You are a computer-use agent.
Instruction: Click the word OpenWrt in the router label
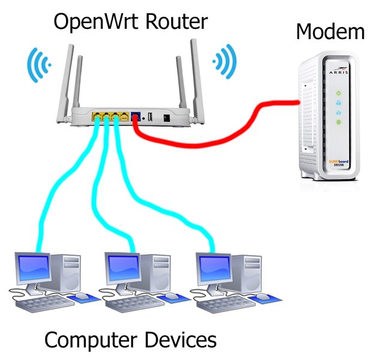click(91, 22)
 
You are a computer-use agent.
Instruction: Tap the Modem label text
click(330, 32)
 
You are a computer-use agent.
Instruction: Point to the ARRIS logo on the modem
click(338, 73)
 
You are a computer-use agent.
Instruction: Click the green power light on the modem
click(339, 93)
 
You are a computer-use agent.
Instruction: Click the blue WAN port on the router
click(136, 116)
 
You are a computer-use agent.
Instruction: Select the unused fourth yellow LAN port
click(124, 116)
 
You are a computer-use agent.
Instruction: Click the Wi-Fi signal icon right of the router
click(225, 61)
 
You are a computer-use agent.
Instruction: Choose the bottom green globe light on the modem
click(339, 122)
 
